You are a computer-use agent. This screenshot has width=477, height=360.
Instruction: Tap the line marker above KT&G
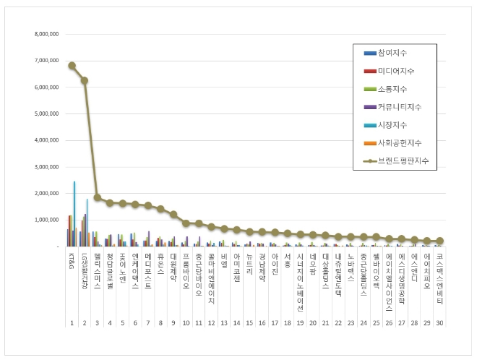pyautogui.click(x=72, y=65)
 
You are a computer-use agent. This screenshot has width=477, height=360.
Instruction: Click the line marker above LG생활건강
pyautogui.click(x=85, y=80)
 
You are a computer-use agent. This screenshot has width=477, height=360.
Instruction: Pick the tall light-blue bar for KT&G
pyautogui.click(x=74, y=214)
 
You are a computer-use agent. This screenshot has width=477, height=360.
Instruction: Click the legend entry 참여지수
pyautogui.click(x=392, y=53)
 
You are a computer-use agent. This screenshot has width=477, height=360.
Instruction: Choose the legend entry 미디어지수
pyautogui.click(x=396, y=71)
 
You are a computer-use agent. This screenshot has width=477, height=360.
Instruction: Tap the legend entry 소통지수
pyautogui.click(x=392, y=89)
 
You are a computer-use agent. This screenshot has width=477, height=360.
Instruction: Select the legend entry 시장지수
pyautogui.click(x=392, y=125)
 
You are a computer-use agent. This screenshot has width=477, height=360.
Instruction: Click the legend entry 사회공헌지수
pyautogui.click(x=399, y=143)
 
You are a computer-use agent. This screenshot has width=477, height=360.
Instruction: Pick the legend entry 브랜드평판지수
pyautogui.click(x=403, y=160)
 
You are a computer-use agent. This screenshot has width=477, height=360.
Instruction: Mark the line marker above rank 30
pyautogui.click(x=439, y=241)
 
